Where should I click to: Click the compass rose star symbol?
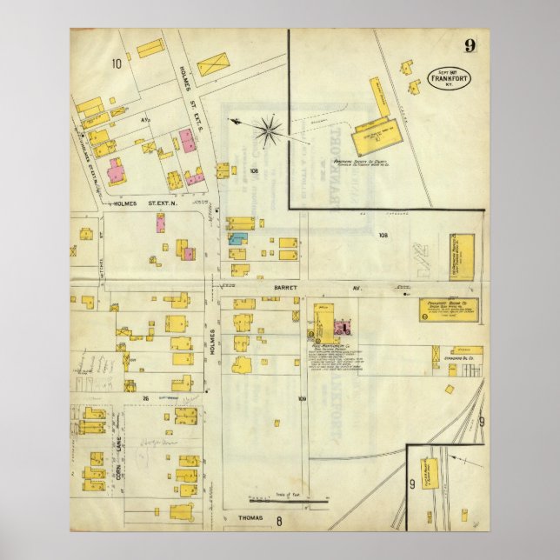[269, 130]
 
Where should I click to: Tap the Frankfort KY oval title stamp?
[449, 78]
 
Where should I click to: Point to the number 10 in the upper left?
[116, 63]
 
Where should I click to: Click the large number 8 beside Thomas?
[280, 522]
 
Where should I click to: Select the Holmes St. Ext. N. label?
[144, 204]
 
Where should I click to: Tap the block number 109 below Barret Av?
[302, 399]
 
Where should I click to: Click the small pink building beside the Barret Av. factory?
[342, 328]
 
